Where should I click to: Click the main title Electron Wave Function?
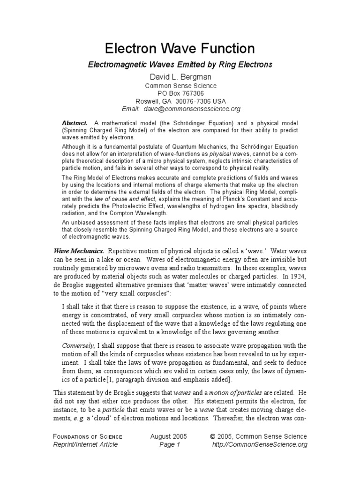[x=180, y=48]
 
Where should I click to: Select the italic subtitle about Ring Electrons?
[x=180, y=64]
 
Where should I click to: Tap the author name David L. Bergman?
[x=180, y=76]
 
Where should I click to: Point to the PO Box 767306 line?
[x=180, y=93]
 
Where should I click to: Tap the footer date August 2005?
[x=168, y=436]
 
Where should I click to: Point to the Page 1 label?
[x=168, y=444]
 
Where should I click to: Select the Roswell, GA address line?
[x=180, y=101]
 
